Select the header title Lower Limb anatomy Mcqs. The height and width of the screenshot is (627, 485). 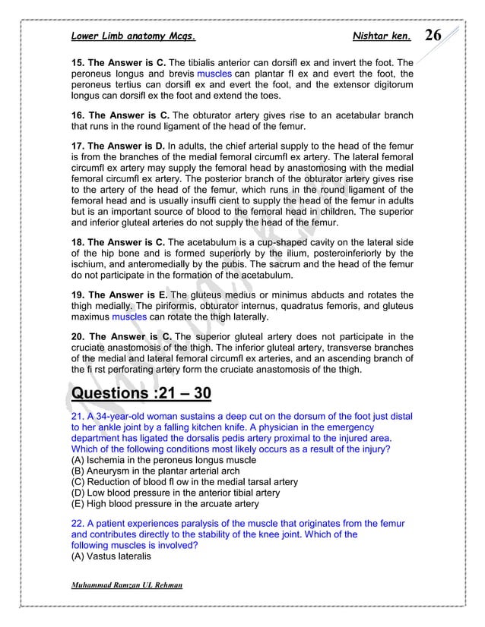[134, 36]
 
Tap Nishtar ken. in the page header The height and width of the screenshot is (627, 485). [382, 36]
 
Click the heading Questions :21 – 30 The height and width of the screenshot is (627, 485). [141, 395]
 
